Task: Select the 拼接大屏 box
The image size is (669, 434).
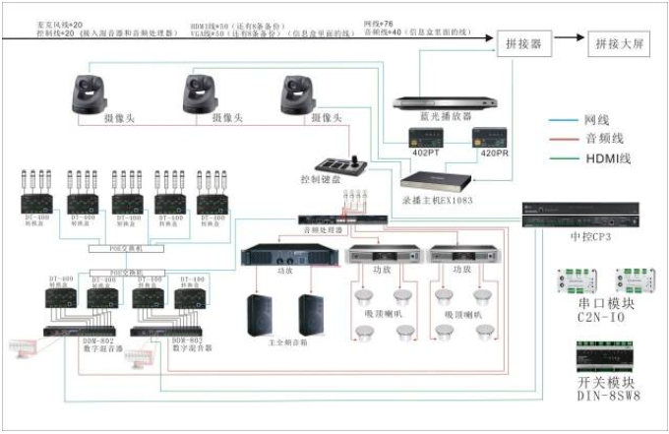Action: pyautogui.click(x=618, y=45)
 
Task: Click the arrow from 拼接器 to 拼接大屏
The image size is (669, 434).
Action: pyautogui.click(x=568, y=45)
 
